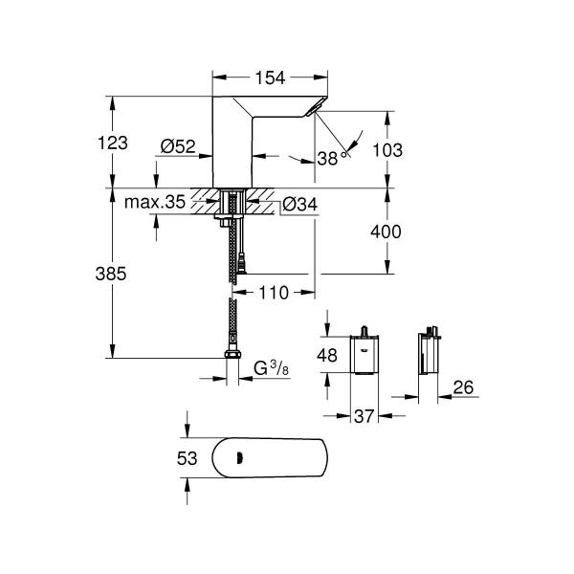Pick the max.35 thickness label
(x=154, y=202)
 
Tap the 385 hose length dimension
(x=113, y=273)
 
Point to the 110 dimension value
(x=274, y=294)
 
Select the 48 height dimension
(x=326, y=357)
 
